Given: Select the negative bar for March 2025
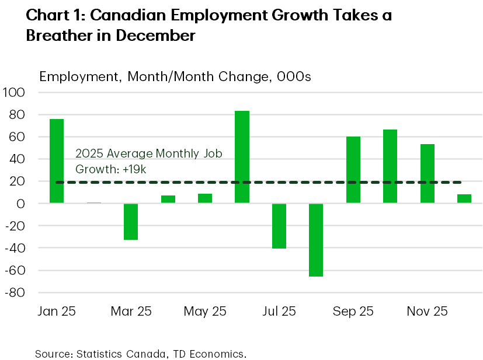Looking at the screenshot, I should coord(131,222).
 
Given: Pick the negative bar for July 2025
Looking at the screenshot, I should coord(279,226).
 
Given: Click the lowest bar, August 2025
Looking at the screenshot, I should coord(316,240).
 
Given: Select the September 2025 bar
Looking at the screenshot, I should coord(353,170).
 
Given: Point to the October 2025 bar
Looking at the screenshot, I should coord(390,166).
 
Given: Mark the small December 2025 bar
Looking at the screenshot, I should coord(464,199).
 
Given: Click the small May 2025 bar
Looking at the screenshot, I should coord(205,198).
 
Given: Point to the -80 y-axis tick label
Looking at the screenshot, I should coord(15,293).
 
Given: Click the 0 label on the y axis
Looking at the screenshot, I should coord(20,204).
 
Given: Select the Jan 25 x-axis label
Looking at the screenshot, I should coord(56,311).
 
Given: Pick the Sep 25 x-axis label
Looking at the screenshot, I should coord(353,311).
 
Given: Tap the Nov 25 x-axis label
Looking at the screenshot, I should coord(427,311).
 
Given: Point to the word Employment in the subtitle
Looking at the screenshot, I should coord(74,77).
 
